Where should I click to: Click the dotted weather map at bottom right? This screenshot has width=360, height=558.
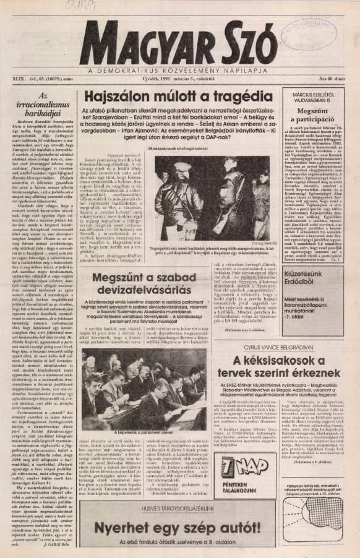coord(321,518)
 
